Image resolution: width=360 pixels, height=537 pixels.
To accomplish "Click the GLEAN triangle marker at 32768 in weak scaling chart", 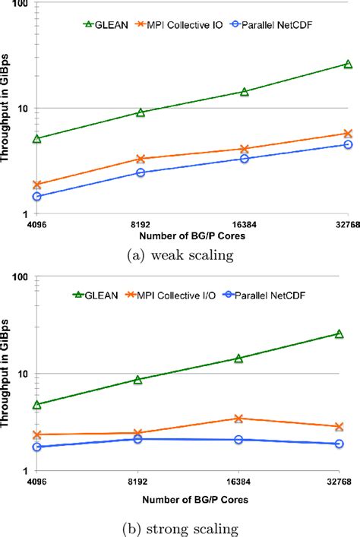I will point(348,65).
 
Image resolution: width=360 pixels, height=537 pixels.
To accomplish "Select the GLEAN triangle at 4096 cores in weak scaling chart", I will point(37,138).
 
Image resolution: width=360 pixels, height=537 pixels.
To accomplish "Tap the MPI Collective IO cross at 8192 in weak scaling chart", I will point(141,159).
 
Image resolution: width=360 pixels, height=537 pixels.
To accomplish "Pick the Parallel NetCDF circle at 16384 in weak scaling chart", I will point(245,158).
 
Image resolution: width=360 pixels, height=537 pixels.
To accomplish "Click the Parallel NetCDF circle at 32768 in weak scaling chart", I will point(348,144).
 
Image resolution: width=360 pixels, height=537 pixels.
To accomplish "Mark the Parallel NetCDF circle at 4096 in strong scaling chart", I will point(37,447).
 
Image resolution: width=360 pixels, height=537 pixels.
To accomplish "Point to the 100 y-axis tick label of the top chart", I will point(20,5).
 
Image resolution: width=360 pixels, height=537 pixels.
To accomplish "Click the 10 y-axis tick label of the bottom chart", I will point(22,374).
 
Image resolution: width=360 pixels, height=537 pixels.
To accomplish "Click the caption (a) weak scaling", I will point(181,255).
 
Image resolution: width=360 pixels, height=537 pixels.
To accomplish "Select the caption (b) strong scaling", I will point(181,527).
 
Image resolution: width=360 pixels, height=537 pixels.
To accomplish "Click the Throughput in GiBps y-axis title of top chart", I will point(6,110).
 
